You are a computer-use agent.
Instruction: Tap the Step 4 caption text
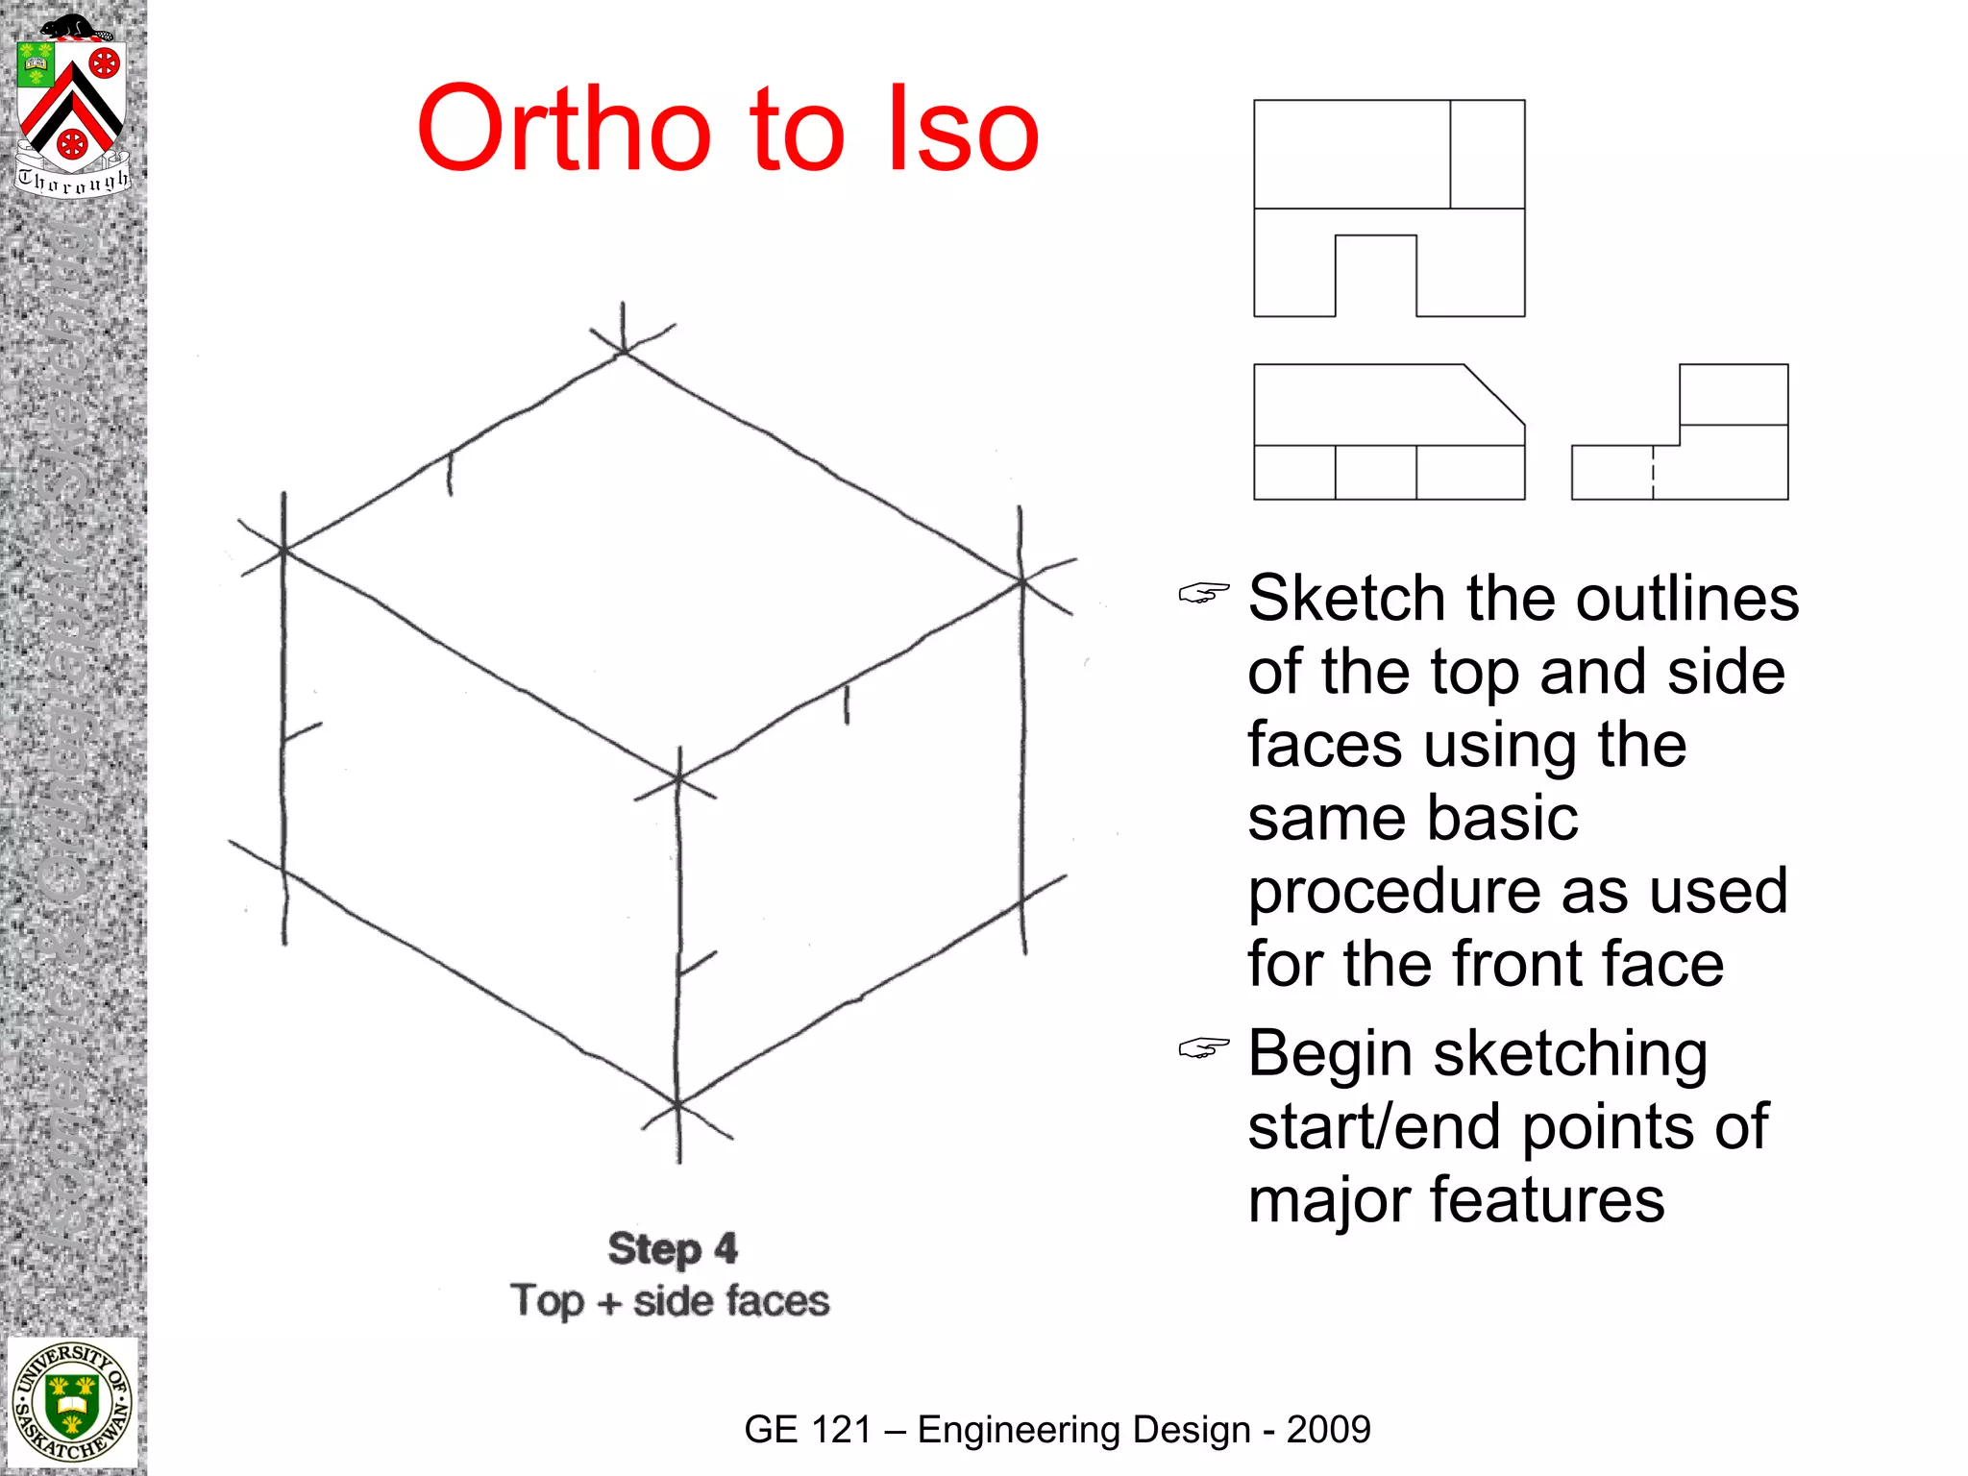pos(672,1249)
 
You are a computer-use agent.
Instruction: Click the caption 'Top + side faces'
pos(670,1301)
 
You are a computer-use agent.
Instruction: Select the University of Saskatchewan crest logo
pos(72,1404)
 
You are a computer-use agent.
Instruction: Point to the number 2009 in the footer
pos(1328,1430)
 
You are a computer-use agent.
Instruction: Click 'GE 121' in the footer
pos(806,1430)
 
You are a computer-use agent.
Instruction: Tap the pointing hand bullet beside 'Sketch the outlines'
pos(1203,594)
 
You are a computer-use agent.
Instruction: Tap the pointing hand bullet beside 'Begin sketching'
pos(1203,1048)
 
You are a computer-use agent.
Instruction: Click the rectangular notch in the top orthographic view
pos(1375,275)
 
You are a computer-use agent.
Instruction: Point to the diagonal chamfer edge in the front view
pos(1495,395)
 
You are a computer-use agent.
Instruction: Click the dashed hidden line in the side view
pos(1653,473)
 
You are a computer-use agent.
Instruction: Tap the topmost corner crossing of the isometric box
pos(624,352)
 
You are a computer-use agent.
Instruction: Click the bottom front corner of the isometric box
pos(677,1105)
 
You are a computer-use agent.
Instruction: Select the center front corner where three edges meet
pos(678,776)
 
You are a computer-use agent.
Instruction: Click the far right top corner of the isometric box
pos(1022,581)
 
